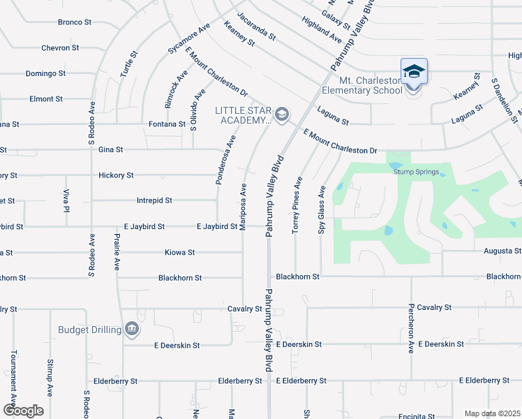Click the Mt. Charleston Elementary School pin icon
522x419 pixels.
click(414, 71)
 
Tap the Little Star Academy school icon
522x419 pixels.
click(282, 114)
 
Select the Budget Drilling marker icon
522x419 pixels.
click(131, 329)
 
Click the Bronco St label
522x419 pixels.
click(75, 22)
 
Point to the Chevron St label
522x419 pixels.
click(75, 48)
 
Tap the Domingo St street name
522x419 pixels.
click(45, 73)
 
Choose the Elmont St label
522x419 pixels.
click(46, 99)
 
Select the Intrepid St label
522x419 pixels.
click(154, 200)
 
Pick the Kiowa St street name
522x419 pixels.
click(179, 252)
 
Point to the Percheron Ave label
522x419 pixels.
click(412, 328)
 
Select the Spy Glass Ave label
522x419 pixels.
click(322, 209)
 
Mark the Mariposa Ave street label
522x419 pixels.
click(244, 207)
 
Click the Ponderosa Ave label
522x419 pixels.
click(226, 159)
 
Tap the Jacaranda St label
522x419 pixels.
click(256, 26)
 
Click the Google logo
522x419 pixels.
click(23, 411)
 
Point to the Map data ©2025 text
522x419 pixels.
click(491, 413)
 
